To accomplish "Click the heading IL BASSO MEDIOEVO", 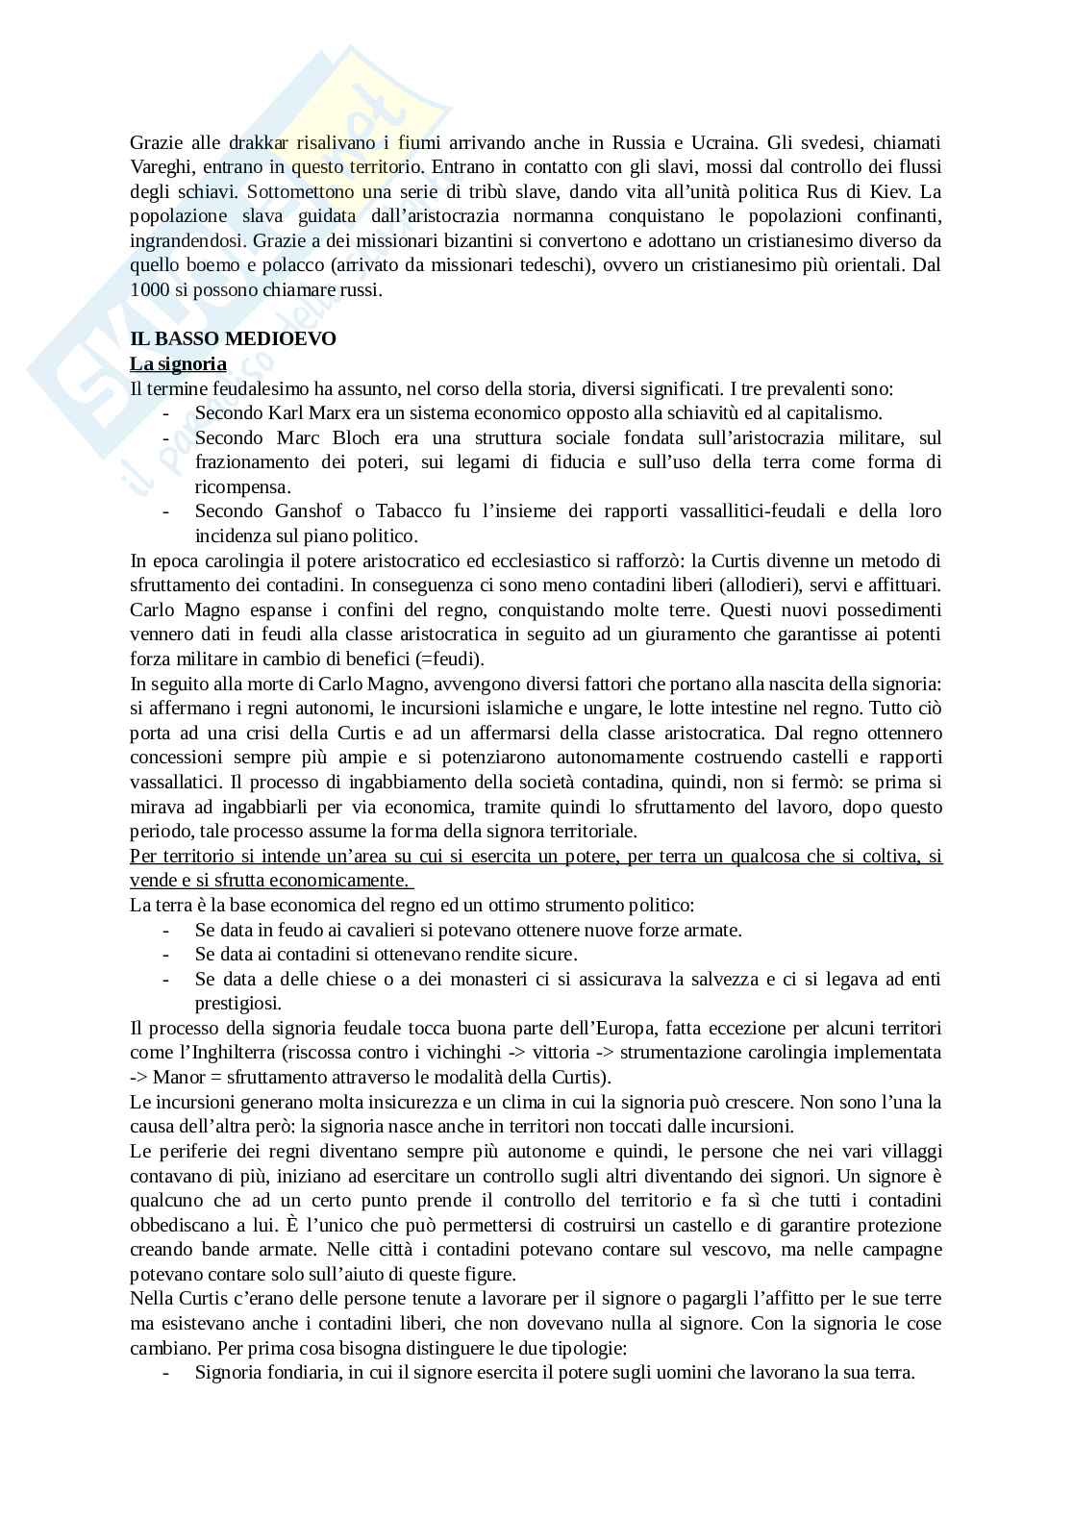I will point(233,338).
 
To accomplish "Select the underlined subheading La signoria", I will point(178,363).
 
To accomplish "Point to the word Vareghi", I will point(161,166).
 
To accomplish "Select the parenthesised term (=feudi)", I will point(452,659).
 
